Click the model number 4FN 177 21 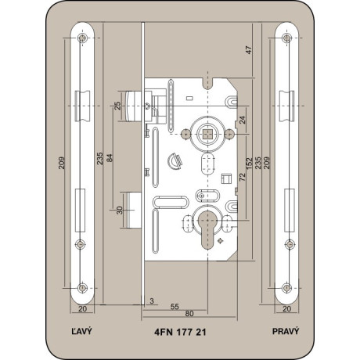tap(180, 332)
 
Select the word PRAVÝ tap(286, 331)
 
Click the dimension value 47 tap(249, 50)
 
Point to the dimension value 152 tap(250, 163)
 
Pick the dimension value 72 tap(243, 177)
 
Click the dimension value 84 tap(110, 158)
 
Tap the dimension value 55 tap(175, 307)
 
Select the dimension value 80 tap(189, 314)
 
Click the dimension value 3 tap(152, 301)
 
